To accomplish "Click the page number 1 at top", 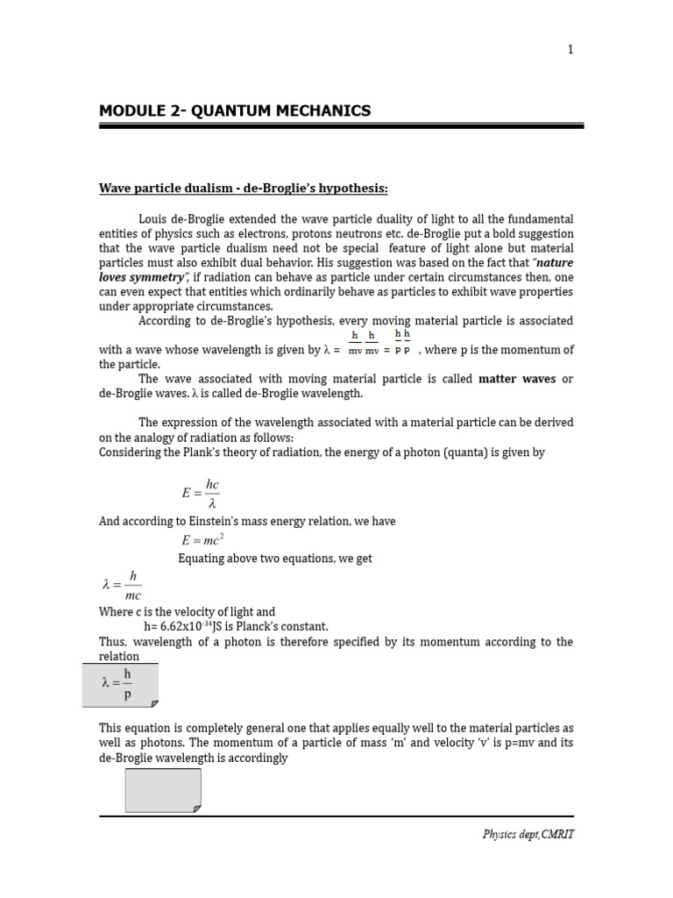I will tap(570, 49).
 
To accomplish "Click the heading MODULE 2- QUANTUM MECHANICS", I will tap(234, 110).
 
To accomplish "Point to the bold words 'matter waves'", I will tap(517, 379).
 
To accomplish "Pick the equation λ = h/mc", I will tap(122, 585).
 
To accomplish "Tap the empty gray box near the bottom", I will tap(163, 790).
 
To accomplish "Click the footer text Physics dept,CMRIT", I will tap(528, 834).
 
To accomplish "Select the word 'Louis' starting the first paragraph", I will tap(153, 218).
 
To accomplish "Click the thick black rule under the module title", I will tap(341, 126).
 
